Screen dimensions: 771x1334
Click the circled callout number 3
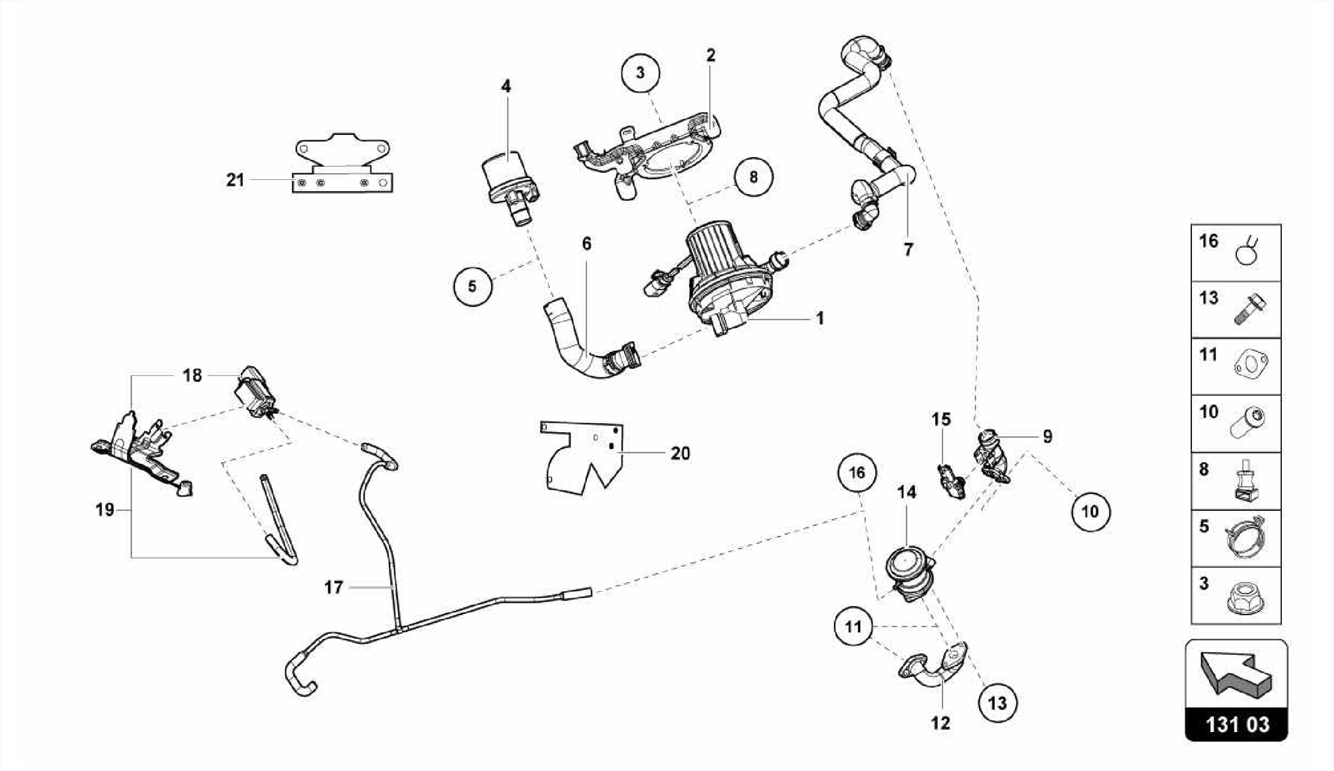pos(640,73)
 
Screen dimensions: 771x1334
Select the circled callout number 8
pos(753,177)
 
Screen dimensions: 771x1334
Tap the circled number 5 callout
pos(472,286)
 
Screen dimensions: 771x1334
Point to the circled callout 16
pos(857,473)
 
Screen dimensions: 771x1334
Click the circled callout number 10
pos(1090,512)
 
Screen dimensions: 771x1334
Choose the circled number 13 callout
pos(997,703)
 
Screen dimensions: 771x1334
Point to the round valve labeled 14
pos(909,574)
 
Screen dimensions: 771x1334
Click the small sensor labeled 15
pos(951,482)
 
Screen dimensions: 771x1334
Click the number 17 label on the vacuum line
pos(333,587)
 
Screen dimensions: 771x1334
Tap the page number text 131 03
pos(1236,725)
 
